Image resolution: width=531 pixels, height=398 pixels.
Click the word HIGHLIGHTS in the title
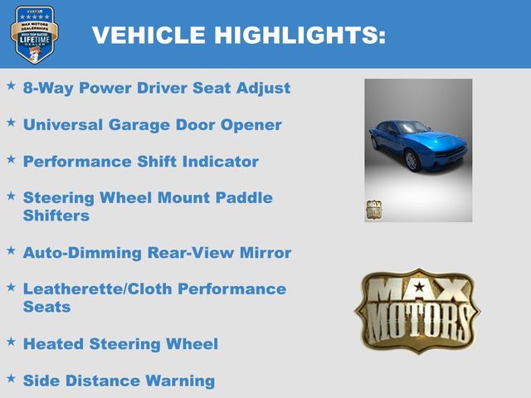pos(300,35)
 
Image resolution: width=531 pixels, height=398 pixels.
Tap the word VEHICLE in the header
pos(149,35)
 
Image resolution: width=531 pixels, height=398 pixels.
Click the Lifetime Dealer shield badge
pos(34,34)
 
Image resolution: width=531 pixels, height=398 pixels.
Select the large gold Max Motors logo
pos(417,311)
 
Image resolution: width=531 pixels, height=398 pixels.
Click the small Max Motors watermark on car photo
pos(374,210)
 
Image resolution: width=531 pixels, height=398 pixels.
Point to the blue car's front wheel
pos(412,162)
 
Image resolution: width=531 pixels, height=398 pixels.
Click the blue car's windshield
pos(412,127)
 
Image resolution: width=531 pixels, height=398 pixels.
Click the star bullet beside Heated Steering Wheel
pos(11,342)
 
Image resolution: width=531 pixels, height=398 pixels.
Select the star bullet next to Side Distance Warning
pos(11,378)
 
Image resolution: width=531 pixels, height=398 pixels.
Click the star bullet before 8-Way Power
pos(11,85)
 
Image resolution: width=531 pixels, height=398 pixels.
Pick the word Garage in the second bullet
pos(139,125)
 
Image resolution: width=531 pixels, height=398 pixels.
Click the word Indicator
pos(221,162)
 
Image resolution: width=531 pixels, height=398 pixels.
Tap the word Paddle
pos(244,197)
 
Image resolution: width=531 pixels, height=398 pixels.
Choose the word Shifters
pos(56,216)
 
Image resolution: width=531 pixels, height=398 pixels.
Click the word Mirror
pos(265,253)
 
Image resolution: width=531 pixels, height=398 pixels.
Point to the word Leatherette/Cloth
pos(98,289)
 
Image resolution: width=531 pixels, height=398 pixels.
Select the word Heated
pos(53,344)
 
